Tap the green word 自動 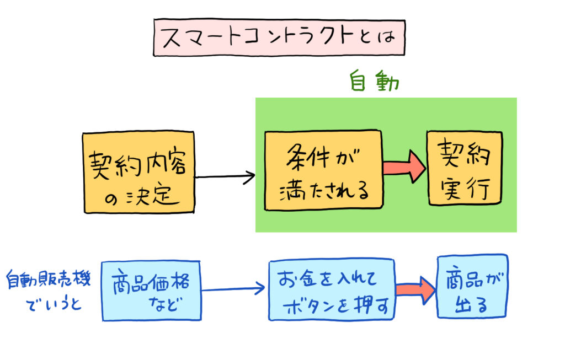pos(374,82)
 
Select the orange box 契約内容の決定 pos(138,173)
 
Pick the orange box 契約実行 pos(465,168)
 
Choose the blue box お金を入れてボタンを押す pos(332,291)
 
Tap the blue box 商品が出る pos(472,287)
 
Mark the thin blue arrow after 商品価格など pos(234,288)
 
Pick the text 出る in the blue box pos(472,304)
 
